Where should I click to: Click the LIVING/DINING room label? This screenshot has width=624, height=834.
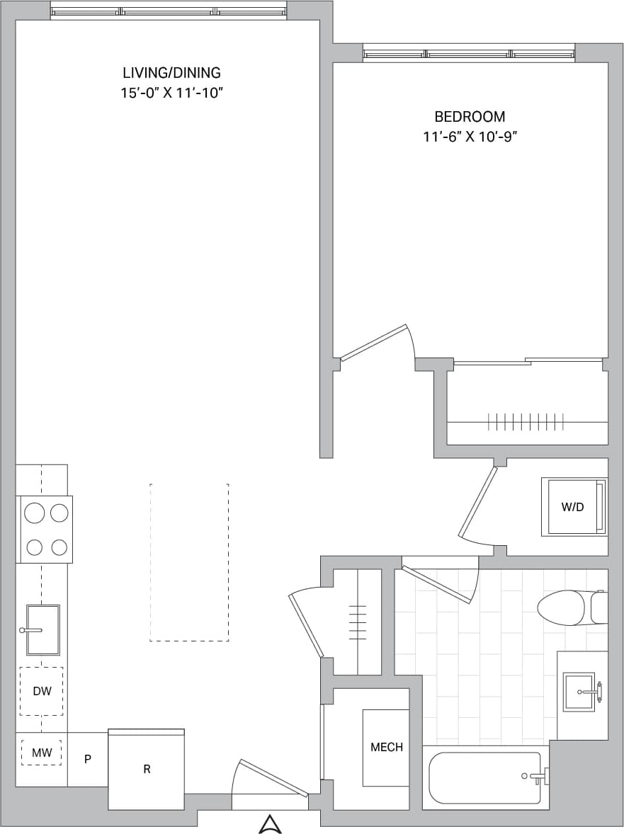[171, 72]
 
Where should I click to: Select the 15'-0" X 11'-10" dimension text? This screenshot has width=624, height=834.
[171, 93]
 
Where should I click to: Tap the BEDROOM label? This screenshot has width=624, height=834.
[470, 117]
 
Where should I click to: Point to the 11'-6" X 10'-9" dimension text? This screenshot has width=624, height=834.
[470, 137]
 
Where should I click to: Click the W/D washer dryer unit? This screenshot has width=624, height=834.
[573, 507]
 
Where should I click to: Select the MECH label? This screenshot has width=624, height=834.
[386, 747]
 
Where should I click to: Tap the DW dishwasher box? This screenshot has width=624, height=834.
[42, 691]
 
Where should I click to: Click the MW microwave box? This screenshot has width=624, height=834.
[41, 753]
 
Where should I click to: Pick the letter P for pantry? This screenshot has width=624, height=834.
[88, 760]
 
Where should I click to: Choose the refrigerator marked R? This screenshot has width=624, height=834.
[147, 769]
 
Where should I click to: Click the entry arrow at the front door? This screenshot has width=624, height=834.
[270, 823]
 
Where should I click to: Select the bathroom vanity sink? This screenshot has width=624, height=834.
[580, 691]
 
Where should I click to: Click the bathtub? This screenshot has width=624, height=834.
[485, 777]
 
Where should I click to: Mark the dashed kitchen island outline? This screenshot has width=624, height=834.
[189, 562]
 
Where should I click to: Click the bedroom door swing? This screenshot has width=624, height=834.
[375, 343]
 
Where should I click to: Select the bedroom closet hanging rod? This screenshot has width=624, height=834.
[526, 422]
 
